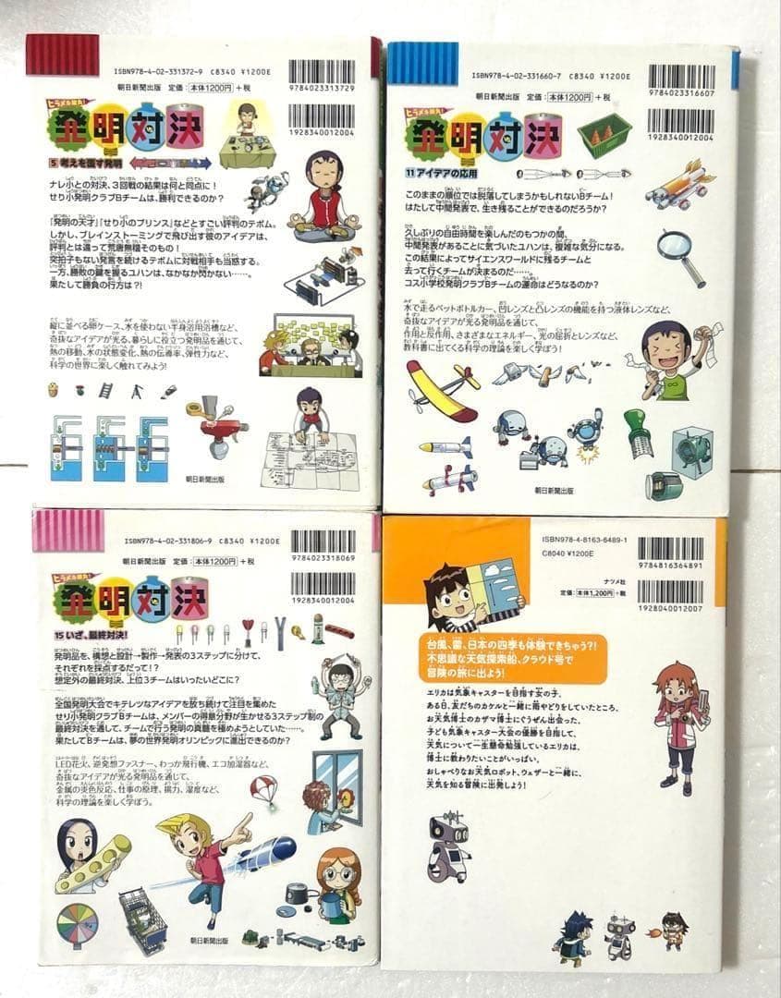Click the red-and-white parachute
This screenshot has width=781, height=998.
pyautogui.click(x=264, y=791)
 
